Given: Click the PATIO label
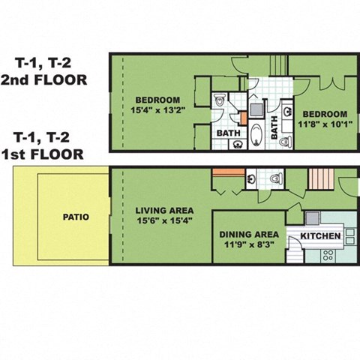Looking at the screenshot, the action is coord(76,217).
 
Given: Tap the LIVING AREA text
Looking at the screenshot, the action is coord(164,211).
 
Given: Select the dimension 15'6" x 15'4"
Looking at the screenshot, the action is coord(164,220).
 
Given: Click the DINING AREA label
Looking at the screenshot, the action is coord(249,235).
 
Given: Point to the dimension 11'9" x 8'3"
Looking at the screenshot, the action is coord(249,244).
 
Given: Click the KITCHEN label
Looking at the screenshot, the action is coord(320,236).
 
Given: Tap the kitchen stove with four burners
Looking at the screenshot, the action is coord(328,255).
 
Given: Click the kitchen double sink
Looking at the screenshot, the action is coord(350,236).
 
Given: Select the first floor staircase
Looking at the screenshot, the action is coord(321,178).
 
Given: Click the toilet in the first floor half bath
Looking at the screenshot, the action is coord(276,178).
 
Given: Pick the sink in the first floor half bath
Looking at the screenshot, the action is coord(250,178).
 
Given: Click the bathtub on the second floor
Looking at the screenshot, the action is coord(256,134).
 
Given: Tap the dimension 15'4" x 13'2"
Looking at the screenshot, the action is coord(158,110).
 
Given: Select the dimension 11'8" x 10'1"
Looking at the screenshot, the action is coord(325,124).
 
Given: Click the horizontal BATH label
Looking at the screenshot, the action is coord(229,133).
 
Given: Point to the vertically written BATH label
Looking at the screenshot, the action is coord(274,127).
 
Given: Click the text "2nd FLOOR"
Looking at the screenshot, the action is coord(44,80).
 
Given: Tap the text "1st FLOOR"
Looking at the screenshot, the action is coord(43,154).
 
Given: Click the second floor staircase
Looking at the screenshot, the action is coord(278,65).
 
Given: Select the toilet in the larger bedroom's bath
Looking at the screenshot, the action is coord(220,100).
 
